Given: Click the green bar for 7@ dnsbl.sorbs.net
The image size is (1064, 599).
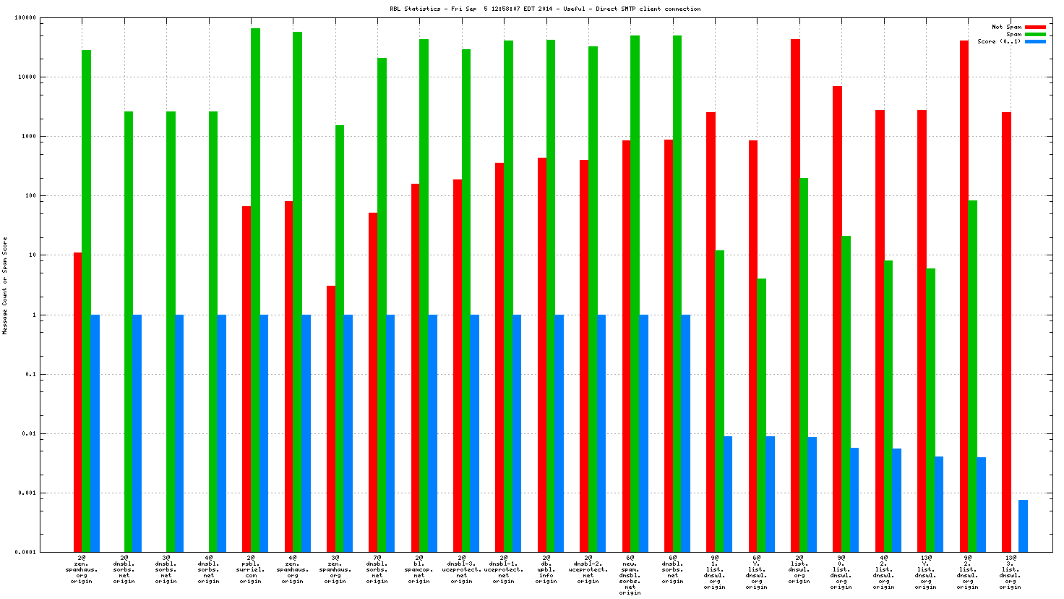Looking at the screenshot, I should (x=382, y=305).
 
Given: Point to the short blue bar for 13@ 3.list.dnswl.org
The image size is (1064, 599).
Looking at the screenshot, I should (x=1023, y=525).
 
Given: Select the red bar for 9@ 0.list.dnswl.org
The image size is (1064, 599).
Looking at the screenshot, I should (x=837, y=319).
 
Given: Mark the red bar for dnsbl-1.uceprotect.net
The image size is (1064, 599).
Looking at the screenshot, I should (x=499, y=357).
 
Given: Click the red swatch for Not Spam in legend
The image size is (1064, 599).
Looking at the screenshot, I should (x=1035, y=27).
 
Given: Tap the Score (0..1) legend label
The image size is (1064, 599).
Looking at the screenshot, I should (x=999, y=41).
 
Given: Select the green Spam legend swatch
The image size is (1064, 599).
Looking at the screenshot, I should (x=1035, y=34).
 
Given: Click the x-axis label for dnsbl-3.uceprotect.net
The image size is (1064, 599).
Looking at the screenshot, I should (x=461, y=569).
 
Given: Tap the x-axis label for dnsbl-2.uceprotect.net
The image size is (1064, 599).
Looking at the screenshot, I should (x=588, y=569).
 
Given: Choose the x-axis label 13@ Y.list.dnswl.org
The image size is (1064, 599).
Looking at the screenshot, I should (x=926, y=569).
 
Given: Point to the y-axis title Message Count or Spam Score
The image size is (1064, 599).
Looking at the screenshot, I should (x=5, y=286).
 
